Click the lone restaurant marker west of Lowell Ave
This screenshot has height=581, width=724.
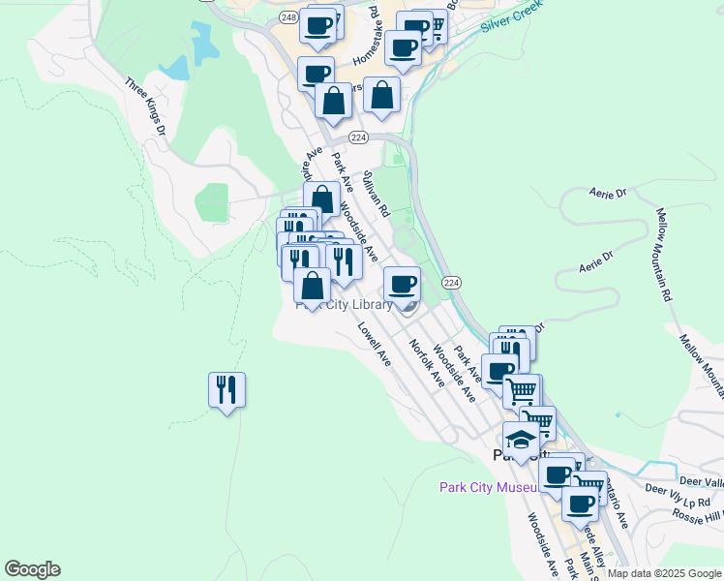[226, 390]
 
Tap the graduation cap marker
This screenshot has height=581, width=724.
[521, 439]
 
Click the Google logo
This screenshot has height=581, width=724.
[32, 569]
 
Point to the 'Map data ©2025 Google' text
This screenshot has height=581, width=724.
[665, 573]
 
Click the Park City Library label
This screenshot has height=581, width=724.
[345, 305]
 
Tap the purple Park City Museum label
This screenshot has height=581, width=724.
[488, 487]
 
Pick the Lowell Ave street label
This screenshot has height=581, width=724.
[374, 344]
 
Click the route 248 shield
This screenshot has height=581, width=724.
[288, 17]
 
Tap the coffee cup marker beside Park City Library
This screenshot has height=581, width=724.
[403, 285]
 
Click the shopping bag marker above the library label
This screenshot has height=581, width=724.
[312, 287]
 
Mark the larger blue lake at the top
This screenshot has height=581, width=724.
[204, 41]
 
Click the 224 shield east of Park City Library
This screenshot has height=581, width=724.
[450, 282]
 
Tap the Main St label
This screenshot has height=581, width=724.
[587, 564]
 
